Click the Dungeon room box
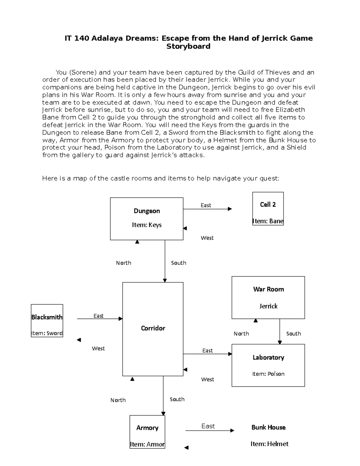point(146,218)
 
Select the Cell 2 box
point(268,209)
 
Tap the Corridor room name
point(153,328)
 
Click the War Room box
point(268,297)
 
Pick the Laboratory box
point(268,365)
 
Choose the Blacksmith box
point(47,321)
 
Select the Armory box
point(147,432)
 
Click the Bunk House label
point(268,427)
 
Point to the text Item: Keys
point(147,225)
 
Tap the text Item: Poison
point(268,374)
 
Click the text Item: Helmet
point(269,444)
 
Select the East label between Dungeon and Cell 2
point(206,205)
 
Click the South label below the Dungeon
point(178,263)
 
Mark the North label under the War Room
point(241,334)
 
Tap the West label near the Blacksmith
point(98,348)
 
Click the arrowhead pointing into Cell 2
point(230,209)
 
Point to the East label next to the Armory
point(208,426)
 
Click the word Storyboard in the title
point(188,46)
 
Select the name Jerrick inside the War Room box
point(268,306)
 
